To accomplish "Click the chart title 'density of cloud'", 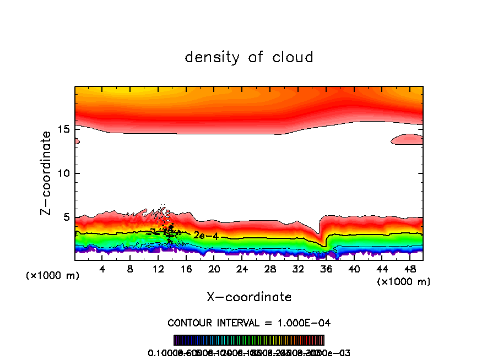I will coord(249,57).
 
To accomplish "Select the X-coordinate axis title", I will coord(249,297).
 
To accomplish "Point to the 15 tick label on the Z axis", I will coord(63,129).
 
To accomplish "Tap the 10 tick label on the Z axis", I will coord(63,173).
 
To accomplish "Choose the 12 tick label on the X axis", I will coord(158,270).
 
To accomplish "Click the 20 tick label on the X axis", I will coord(214,270).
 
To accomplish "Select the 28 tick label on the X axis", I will coord(270,270).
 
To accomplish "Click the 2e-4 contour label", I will coord(202,235).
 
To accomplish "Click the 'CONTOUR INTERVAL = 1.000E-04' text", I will coord(249,323).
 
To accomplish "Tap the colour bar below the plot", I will coord(249,340).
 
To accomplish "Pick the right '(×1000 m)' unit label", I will coord(403,282).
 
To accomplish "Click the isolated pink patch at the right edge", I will coord(408,139).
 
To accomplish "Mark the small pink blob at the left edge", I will coord(77,141).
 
